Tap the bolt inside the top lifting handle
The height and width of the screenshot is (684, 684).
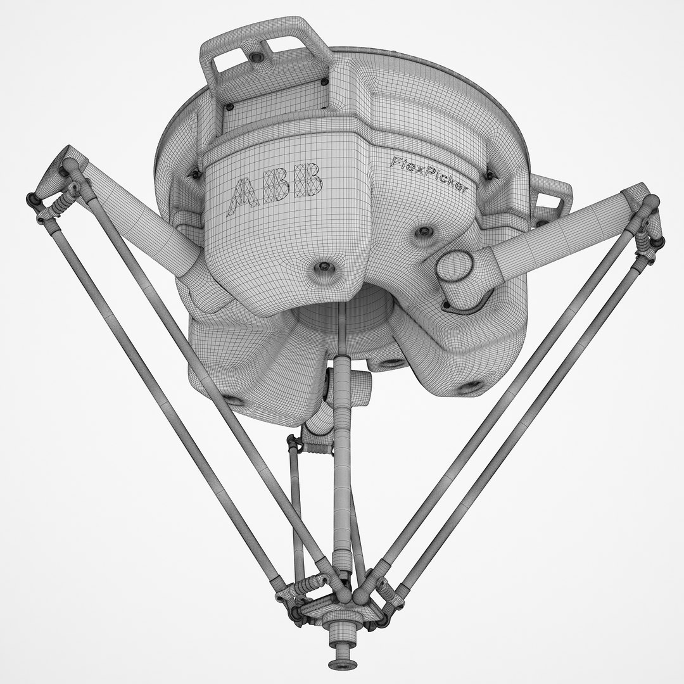pos(256,57)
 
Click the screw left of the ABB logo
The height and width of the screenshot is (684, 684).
pos(196,173)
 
